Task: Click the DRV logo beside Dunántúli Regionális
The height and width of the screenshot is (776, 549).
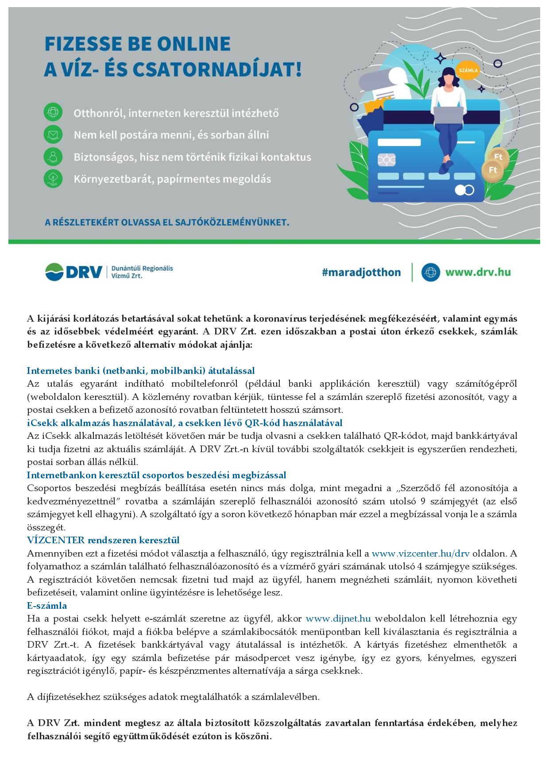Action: click(73, 272)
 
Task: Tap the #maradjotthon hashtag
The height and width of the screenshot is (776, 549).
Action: click(361, 272)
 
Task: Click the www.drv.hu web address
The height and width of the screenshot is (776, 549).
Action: click(478, 272)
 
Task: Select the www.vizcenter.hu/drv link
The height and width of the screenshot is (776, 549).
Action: click(420, 553)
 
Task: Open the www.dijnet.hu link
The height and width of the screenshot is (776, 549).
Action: click(338, 618)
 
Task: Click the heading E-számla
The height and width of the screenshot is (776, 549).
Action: click(47, 605)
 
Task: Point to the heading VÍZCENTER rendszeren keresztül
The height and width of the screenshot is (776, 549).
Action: click(103, 540)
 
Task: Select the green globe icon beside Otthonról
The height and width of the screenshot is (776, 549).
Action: click(53, 112)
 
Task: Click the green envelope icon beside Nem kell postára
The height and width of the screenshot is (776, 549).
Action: click(53, 134)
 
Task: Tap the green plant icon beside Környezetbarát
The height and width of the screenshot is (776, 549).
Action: click(53, 179)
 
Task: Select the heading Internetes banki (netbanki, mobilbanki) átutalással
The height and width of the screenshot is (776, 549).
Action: click(141, 370)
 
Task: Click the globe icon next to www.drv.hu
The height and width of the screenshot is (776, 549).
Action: click(430, 272)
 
